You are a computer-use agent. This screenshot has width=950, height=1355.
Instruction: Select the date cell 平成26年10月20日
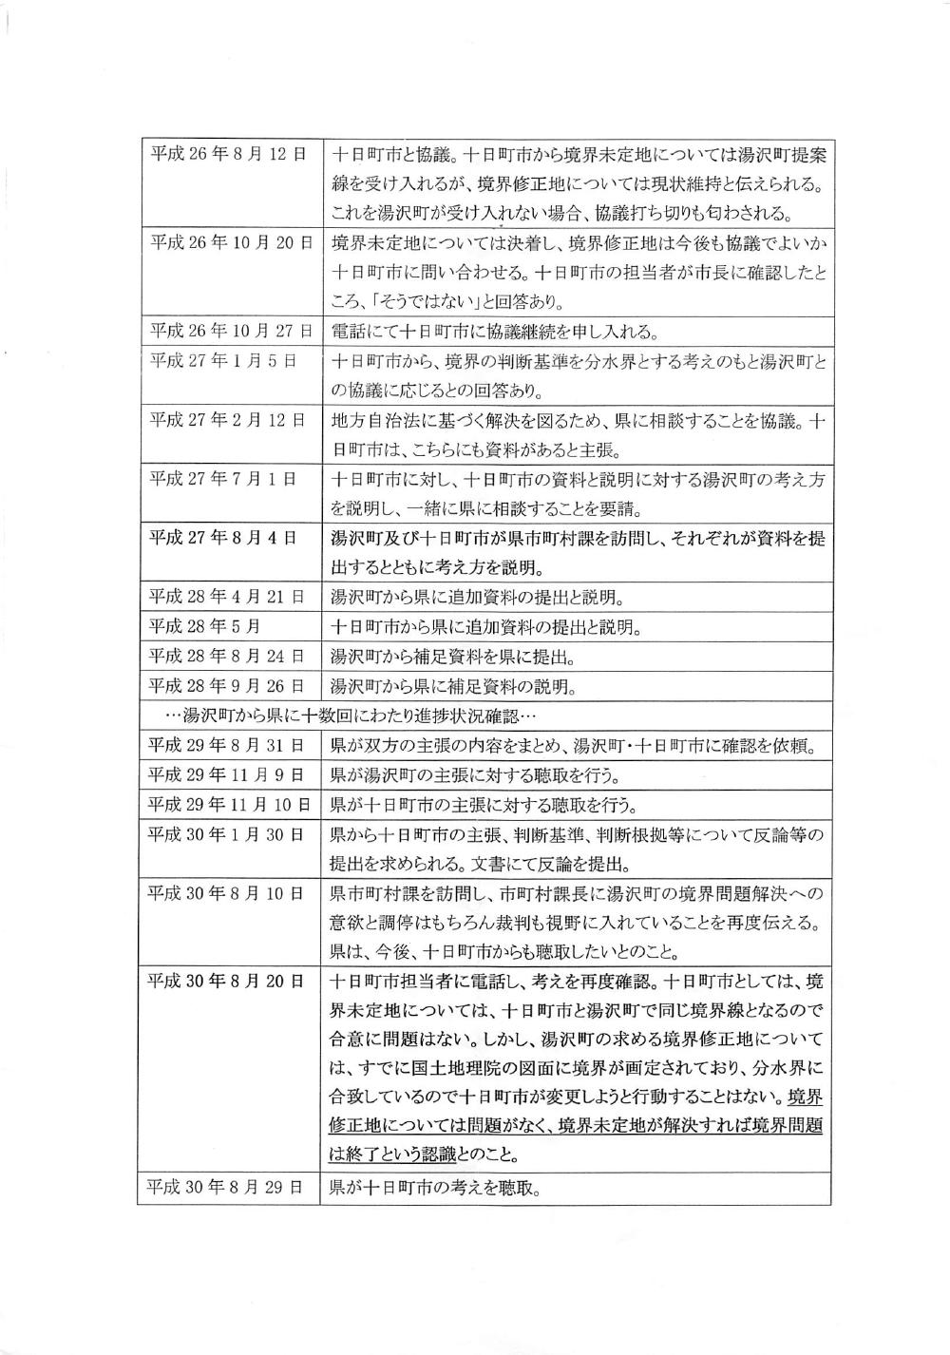pyautogui.click(x=232, y=242)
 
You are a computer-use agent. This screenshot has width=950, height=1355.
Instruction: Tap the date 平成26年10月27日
pyautogui.click(x=232, y=331)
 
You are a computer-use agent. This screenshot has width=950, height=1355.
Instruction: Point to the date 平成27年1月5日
pyautogui.click(x=222, y=360)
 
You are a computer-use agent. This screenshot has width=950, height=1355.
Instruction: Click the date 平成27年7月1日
pyautogui.click(x=222, y=478)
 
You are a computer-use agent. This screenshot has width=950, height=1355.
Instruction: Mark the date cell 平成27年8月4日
pyautogui.click(x=222, y=538)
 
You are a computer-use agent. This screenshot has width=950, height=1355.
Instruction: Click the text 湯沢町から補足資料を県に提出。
pyautogui.click(x=452, y=657)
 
